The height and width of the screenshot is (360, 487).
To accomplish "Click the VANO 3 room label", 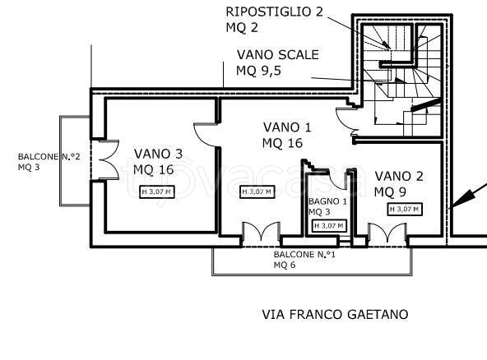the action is pyautogui.click(x=159, y=154).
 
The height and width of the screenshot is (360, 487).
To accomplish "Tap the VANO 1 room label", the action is pyautogui.click(x=287, y=127).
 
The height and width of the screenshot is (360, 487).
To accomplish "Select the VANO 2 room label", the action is pyautogui.click(x=399, y=176).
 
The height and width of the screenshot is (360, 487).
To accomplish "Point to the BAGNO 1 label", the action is pyautogui.click(x=327, y=201).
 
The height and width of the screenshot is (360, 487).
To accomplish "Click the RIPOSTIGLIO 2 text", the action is pyautogui.click(x=274, y=12).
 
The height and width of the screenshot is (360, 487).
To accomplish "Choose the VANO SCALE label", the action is pyautogui.click(x=278, y=54).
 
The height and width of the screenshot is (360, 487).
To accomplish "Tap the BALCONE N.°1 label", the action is pyautogui.click(x=304, y=255).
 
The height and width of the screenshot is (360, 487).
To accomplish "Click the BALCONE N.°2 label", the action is pyautogui.click(x=49, y=157).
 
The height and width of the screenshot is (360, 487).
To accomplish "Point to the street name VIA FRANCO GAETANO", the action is pyautogui.click(x=335, y=314).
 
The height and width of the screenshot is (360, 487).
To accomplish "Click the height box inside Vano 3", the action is pyautogui.click(x=157, y=192).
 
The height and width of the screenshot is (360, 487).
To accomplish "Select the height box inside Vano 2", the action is pyautogui.click(x=405, y=209).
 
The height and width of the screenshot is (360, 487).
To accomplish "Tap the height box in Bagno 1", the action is pyautogui.click(x=329, y=226).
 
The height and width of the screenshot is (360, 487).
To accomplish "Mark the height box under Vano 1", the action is pyautogui.click(x=257, y=192).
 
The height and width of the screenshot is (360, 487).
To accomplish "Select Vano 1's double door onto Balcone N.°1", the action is pyautogui.click(x=262, y=232).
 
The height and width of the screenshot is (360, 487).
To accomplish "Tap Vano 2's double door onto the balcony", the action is pyautogui.click(x=387, y=232).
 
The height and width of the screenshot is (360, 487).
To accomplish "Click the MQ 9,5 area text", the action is pyautogui.click(x=258, y=71).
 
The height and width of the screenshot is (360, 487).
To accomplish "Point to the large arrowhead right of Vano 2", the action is pyautogui.click(x=461, y=200).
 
